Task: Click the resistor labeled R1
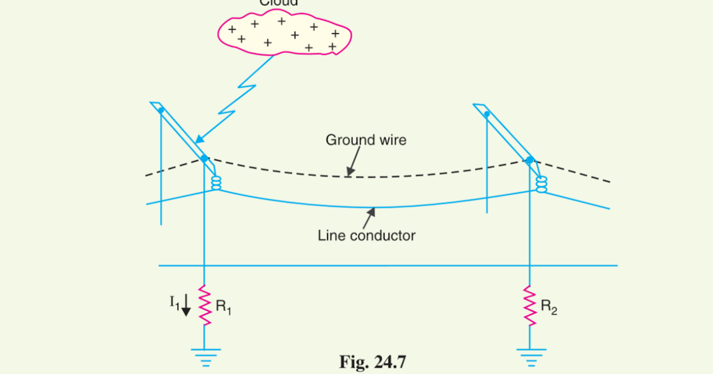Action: pos(204,305)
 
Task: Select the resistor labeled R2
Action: pos(529,305)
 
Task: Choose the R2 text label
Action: pos(548,308)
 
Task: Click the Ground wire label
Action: pos(365,141)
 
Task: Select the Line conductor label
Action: pos(367,236)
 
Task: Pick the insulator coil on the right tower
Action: pos(541,185)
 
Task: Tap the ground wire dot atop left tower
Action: pos(204,159)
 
